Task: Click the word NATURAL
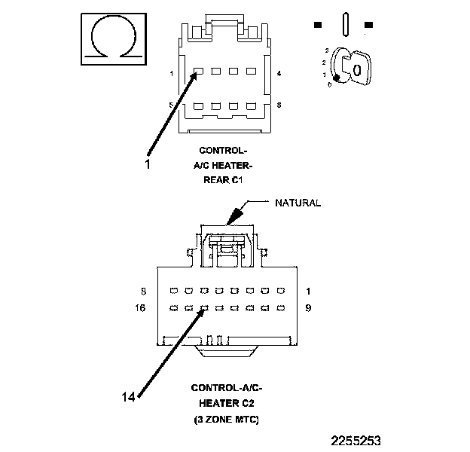(x=298, y=203)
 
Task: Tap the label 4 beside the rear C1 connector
(x=279, y=74)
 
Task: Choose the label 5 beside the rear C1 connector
(x=172, y=105)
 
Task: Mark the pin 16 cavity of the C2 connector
(x=172, y=308)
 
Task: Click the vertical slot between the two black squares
(x=344, y=23)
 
